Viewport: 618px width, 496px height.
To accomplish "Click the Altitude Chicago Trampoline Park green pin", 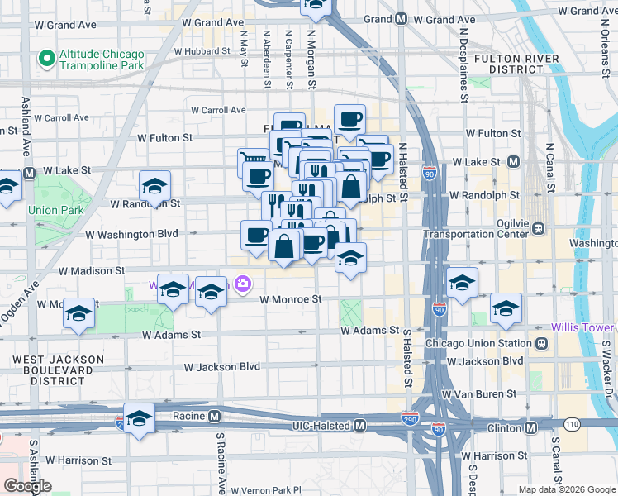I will pos(46,59).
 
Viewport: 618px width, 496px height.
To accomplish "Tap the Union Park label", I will pos(55,210).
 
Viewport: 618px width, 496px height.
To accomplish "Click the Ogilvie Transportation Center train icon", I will pos(537,228).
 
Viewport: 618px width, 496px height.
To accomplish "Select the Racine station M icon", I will pos(214,416).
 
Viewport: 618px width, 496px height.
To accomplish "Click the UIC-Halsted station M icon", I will pos(359,425).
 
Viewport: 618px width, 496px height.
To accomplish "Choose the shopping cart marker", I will pos(253,157).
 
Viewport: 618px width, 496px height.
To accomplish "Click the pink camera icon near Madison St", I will pos(242,285).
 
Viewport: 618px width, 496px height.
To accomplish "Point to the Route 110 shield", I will pos(572,425).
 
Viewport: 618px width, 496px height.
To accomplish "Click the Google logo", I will pos(27,487).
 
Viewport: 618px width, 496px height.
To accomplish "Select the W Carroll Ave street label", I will pos(218,110).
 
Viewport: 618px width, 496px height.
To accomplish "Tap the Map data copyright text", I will pos(567,489).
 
